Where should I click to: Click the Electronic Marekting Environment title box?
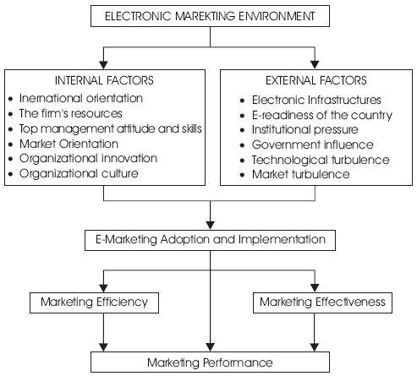click(x=210, y=16)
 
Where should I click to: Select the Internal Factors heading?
click(x=104, y=80)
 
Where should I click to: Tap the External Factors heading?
click(x=316, y=80)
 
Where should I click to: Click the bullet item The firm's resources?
click(x=71, y=113)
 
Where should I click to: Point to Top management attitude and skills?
click(x=111, y=128)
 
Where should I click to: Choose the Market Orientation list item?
click(x=69, y=144)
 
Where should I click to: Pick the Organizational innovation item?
click(x=88, y=159)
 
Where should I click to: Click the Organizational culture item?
click(x=79, y=174)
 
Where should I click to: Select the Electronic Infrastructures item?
click(x=316, y=100)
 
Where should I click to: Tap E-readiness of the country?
click(x=322, y=115)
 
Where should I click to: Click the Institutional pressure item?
click(x=305, y=130)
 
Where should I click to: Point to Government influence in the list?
click(x=313, y=144)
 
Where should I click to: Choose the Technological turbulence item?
click(x=321, y=160)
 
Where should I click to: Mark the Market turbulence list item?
click(x=301, y=174)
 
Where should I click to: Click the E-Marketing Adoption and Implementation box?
click(x=210, y=240)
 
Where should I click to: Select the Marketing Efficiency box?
click(x=94, y=302)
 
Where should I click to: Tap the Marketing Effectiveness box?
click(x=322, y=302)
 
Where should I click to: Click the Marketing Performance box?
click(x=210, y=362)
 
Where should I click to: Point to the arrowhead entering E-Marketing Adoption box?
click(x=210, y=226)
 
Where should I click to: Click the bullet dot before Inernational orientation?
click(x=11, y=99)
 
